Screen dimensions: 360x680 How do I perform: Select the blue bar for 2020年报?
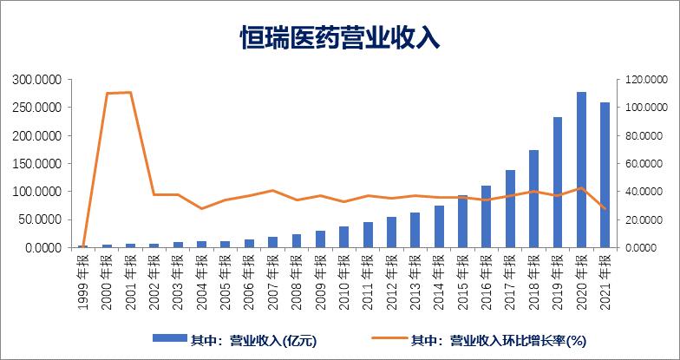pyautogui.click(x=581, y=170)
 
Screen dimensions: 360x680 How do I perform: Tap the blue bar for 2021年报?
pyautogui.click(x=605, y=175)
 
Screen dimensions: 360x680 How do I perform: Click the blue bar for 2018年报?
pyautogui.click(x=533, y=199)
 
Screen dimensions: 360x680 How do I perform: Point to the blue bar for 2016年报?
pyautogui.click(x=487, y=217)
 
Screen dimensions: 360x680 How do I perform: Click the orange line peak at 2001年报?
pyautogui.click(x=130, y=92)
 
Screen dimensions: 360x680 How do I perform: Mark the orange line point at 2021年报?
pyautogui.click(x=605, y=209)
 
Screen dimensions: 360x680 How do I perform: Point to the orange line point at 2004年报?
pyautogui.click(x=201, y=208)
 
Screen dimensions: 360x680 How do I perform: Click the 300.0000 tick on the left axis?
pyautogui.click(x=36, y=80)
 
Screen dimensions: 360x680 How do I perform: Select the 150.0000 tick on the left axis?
pyautogui.click(x=36, y=164)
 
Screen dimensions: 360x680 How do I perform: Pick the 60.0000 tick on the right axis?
pyautogui.click(x=643, y=164)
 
